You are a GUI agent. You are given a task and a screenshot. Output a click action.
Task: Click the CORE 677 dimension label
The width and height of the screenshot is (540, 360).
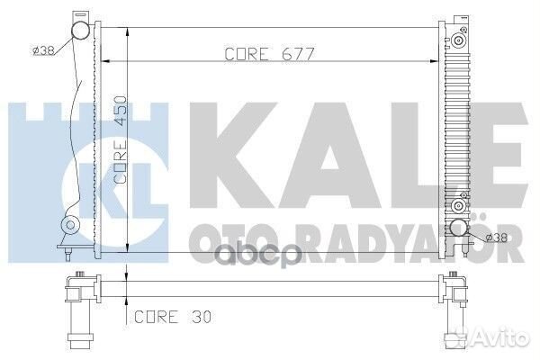pyautogui.click(x=270, y=54)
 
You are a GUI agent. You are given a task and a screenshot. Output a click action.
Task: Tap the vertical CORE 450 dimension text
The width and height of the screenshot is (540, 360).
pyautogui.click(x=121, y=139)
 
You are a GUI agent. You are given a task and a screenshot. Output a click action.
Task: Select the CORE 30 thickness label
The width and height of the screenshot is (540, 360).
pyautogui.click(x=173, y=317)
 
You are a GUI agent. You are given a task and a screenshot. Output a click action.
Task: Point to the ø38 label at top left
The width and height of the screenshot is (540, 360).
pyautogui.click(x=43, y=51)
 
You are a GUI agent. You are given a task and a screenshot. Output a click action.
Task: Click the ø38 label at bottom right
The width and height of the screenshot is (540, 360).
pyautogui.click(x=496, y=238)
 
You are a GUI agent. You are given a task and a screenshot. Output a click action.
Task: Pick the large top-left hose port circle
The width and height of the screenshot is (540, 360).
pyautogui.click(x=81, y=30)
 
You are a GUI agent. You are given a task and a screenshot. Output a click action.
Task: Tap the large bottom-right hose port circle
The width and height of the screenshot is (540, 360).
pyautogui.click(x=459, y=228)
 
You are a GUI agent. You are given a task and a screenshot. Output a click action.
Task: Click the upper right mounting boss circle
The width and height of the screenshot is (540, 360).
pyautogui.click(x=458, y=40)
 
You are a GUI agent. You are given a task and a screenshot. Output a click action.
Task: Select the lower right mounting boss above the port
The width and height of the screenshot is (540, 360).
pyautogui.click(x=458, y=206)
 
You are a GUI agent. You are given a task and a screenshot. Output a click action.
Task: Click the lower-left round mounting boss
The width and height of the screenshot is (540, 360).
pyautogui.click(x=70, y=225)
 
